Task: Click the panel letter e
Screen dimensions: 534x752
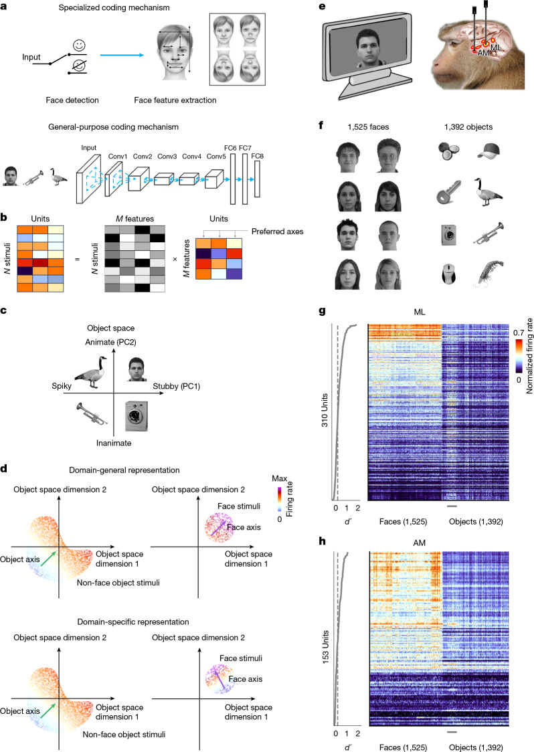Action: pos(322,7)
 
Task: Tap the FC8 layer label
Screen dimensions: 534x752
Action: pos(257,156)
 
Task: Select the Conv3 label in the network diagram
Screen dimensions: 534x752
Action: pos(167,157)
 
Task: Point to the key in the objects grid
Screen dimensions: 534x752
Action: pos(448,194)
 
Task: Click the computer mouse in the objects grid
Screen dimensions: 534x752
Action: pos(449,274)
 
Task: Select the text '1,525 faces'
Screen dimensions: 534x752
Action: pos(368,127)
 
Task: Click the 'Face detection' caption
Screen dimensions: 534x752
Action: pos(72,100)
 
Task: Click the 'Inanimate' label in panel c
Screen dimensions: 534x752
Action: pos(114,443)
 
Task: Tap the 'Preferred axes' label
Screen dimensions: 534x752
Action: pos(277,231)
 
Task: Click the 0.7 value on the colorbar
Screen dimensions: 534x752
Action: pos(518,333)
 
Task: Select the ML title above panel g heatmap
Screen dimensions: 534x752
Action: pos(420,312)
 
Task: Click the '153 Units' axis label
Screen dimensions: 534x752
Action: pos(325,646)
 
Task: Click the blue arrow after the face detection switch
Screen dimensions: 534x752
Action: pos(122,55)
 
